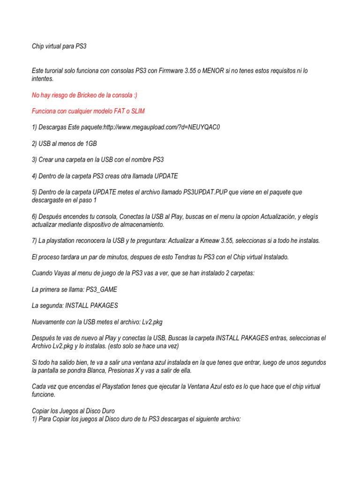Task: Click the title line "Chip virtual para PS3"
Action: click(x=59, y=46)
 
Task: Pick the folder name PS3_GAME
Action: click(x=101, y=289)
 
